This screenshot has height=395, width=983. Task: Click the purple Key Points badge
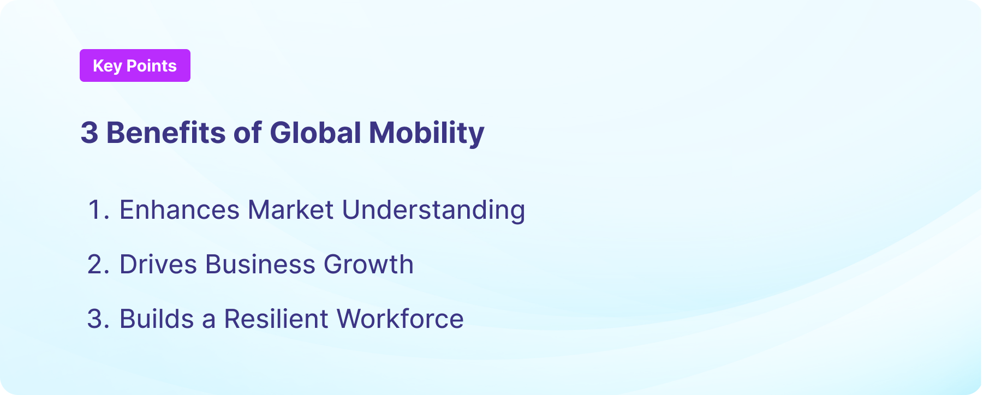[135, 65]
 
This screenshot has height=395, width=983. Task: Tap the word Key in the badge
[107, 66]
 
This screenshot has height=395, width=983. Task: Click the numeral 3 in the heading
[90, 133]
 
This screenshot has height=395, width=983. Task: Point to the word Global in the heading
[315, 133]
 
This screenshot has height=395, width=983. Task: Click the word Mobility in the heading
[426, 133]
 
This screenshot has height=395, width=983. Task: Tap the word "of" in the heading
[247, 133]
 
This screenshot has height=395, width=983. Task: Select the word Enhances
[180, 210]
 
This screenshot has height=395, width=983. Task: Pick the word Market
[290, 210]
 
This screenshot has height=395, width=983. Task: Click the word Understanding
[433, 210]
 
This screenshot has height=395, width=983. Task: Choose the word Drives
[158, 265]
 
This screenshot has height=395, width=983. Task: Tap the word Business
[260, 265]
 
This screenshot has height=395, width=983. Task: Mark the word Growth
[368, 265]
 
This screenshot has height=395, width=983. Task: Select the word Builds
[157, 319]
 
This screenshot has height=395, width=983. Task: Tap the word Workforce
[400, 319]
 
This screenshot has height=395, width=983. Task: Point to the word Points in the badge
[151, 66]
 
